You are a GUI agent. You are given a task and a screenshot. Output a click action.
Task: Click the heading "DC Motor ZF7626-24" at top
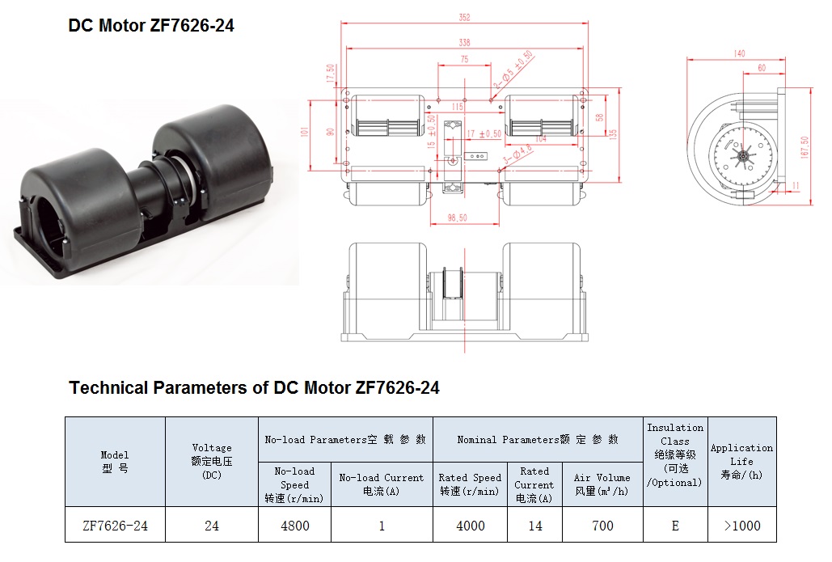coord(151,26)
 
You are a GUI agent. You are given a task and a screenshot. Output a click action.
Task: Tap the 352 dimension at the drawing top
coord(464,18)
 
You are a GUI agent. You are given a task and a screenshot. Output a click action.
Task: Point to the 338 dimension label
coord(464,43)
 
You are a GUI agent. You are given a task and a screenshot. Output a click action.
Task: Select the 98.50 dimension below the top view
coord(457,218)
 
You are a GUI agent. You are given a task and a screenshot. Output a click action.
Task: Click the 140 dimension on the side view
coord(739,53)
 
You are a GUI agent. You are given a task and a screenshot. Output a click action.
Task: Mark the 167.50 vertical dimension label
coord(805,147)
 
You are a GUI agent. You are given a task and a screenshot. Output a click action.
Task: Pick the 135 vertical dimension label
coord(613,134)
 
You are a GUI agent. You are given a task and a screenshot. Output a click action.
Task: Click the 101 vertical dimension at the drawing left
coord(305,132)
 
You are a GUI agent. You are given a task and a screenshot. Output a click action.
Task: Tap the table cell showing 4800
coord(295,526)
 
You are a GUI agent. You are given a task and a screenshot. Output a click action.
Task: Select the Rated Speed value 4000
coord(470,526)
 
